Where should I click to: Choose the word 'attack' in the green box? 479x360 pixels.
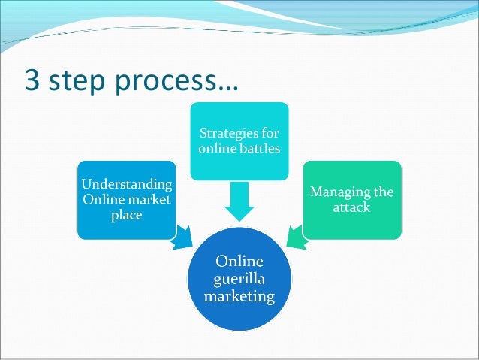tap(351, 207)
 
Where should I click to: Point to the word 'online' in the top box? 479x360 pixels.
tap(217, 148)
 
